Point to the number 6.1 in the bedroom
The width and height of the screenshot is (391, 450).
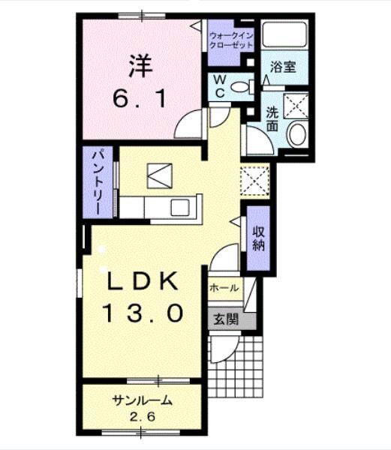(x=140, y=97)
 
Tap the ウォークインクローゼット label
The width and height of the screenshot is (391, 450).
(x=232, y=40)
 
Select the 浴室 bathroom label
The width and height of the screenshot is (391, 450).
(x=283, y=67)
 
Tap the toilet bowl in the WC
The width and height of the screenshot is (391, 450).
(x=242, y=87)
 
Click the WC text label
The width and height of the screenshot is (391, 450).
(x=219, y=85)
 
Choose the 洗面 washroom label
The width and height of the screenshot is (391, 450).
(x=272, y=119)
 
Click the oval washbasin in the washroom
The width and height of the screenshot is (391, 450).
(x=297, y=136)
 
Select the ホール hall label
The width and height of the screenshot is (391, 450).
(x=224, y=288)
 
